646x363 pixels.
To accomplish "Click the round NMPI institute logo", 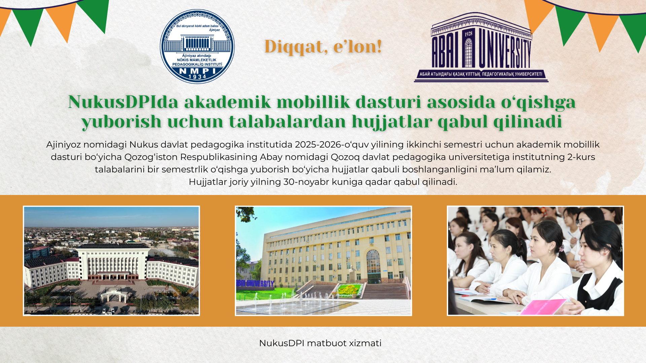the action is click(197, 46).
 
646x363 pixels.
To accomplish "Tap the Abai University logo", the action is click(481, 47).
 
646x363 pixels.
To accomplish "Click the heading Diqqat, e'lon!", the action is click(323, 46).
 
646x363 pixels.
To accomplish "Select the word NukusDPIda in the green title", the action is click(123, 102).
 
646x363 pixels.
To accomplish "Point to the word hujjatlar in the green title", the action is click(392, 122).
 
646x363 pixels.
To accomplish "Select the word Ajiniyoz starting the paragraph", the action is click(64, 145).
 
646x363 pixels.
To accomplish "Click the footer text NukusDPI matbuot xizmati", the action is click(320, 343).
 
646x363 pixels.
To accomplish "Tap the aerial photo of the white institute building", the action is click(111, 261).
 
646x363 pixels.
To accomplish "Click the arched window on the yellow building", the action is click(373, 262).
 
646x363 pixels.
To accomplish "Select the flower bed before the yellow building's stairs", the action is click(349, 290).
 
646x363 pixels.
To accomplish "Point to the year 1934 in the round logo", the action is click(198, 77).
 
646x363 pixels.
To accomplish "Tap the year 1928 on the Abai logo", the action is click(468, 34).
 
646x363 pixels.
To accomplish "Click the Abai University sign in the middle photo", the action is click(255, 283).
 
